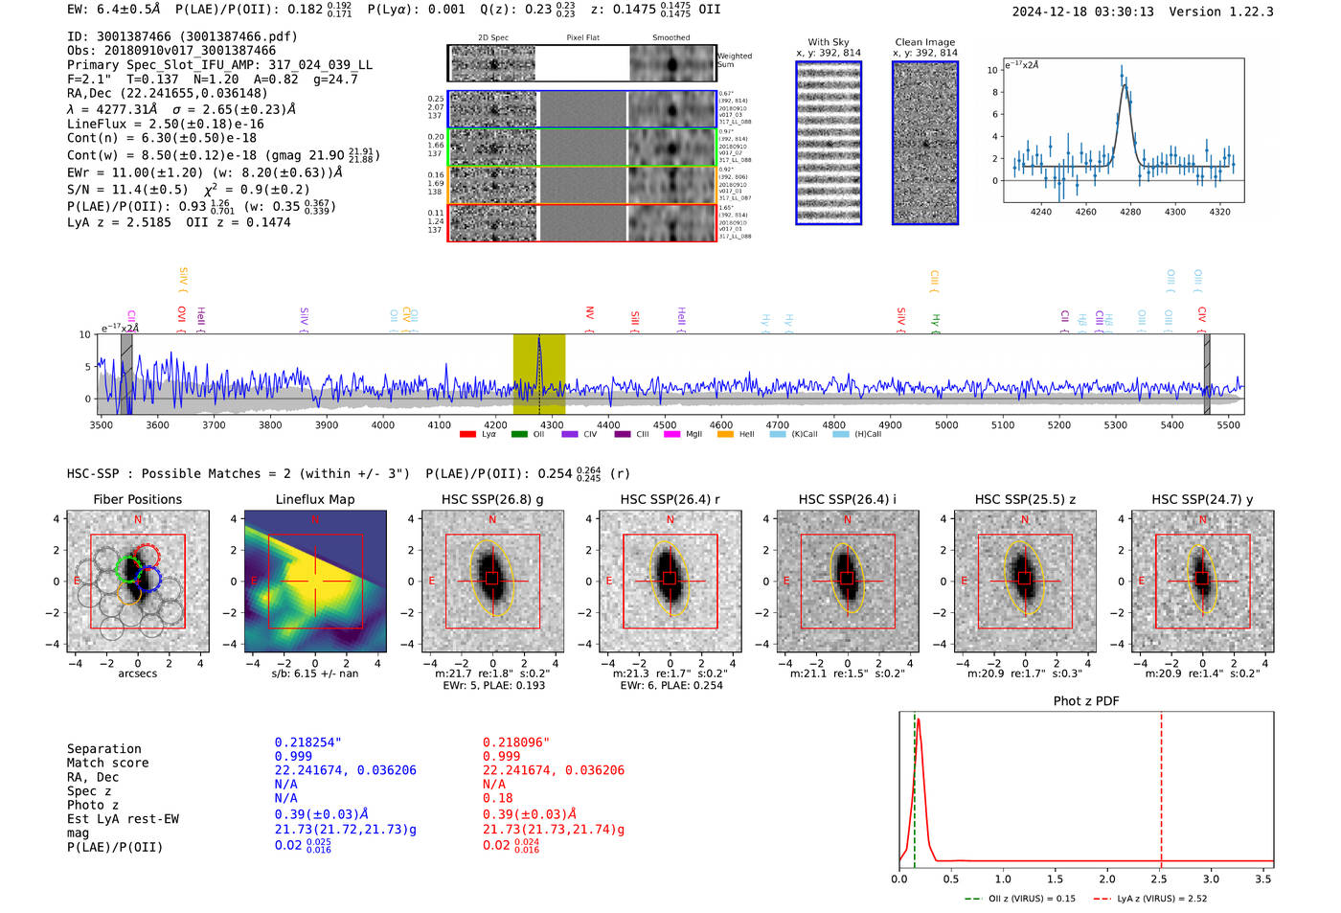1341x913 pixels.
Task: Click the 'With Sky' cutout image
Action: click(829, 144)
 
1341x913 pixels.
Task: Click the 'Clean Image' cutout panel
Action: click(925, 144)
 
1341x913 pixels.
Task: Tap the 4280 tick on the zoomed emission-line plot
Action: click(1130, 212)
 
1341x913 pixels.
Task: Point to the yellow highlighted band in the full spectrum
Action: click(538, 374)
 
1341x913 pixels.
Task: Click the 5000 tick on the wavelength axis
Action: click(946, 424)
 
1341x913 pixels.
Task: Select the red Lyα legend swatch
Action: click(468, 435)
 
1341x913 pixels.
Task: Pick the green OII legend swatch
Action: click(519, 435)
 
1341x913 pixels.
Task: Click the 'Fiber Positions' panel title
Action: click(137, 499)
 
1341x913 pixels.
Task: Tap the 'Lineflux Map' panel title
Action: click(314, 499)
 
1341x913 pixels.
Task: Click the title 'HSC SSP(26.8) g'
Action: click(492, 499)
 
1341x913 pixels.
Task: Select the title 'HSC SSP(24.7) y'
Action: click(1202, 499)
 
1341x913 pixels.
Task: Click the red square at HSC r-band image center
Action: click(670, 579)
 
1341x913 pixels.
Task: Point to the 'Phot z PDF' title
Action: click(1086, 701)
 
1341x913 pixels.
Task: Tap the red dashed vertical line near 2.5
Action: click(1161, 786)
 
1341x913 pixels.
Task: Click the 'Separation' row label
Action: click(103, 749)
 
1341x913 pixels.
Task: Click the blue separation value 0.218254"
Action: click(307, 742)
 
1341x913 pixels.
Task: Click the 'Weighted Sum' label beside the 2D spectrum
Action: click(735, 60)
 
